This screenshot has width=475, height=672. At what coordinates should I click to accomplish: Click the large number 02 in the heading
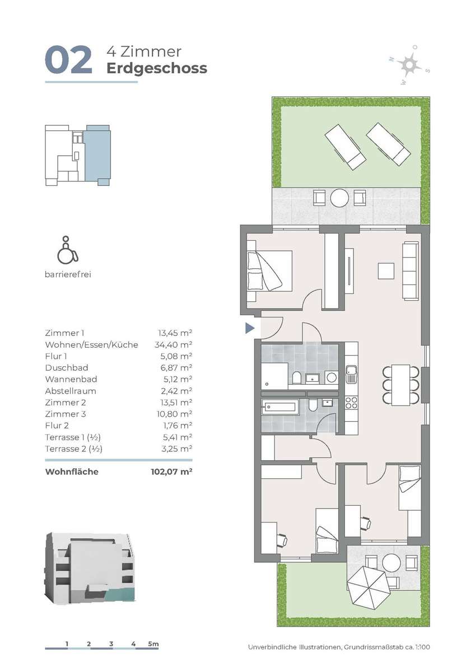pos(68,60)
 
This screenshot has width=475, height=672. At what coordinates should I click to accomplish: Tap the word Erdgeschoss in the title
pos(157,68)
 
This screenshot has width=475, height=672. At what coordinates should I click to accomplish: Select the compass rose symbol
pos(409,64)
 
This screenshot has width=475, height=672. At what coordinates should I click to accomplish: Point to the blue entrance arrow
pos(250,328)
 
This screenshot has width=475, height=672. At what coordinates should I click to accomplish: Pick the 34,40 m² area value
pos(174,345)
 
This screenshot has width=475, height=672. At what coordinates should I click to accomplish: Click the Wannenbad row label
pos(71,379)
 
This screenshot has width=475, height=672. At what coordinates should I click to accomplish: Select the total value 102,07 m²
pos(171,472)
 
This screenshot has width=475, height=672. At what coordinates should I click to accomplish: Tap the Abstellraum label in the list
pos(71,391)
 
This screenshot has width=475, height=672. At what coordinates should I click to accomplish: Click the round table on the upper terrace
pos(339,198)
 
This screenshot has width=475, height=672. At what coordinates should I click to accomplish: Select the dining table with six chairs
pos(401,385)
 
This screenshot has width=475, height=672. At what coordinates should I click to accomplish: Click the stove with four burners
pos(351,403)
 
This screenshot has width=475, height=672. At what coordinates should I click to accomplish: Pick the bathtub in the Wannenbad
pos(280,407)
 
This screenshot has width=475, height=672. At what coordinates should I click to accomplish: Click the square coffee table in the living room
pos(386,271)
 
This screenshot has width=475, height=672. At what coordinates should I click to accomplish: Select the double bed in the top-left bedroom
pos(269,271)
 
